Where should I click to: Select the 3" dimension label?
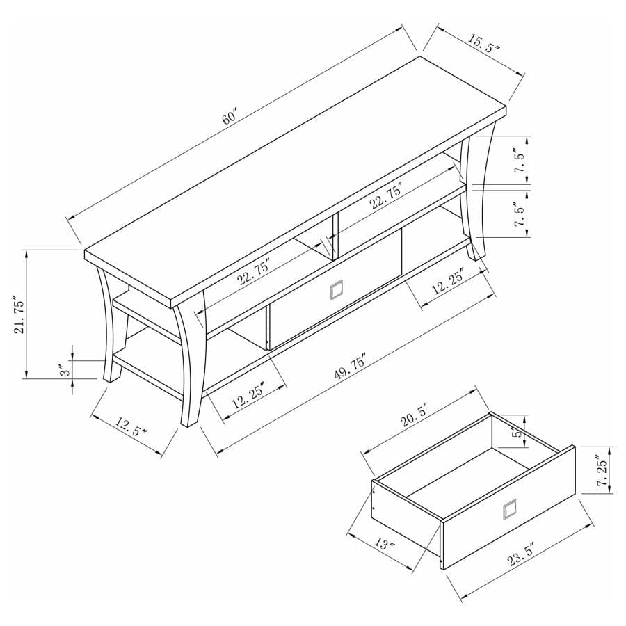pyautogui.click(x=64, y=370)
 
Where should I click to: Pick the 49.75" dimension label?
pyautogui.click(x=350, y=367)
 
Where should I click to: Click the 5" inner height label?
pyautogui.click(x=517, y=433)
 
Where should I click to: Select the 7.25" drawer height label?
pyautogui.click(x=602, y=469)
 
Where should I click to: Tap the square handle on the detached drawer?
pyautogui.click(x=511, y=509)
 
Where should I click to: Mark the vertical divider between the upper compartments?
pyautogui.click(x=335, y=233)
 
